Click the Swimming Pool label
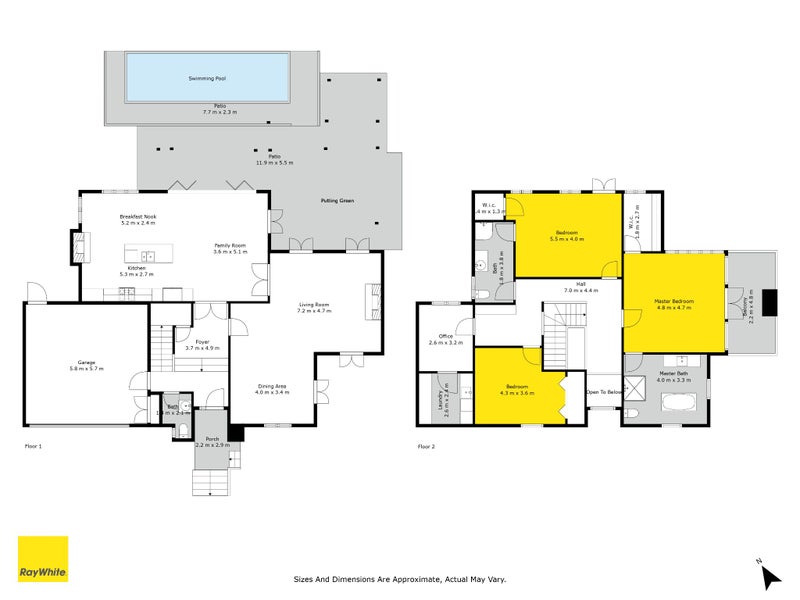(208, 77)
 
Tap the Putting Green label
(338, 200)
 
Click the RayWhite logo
(43, 559)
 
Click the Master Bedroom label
(674, 300)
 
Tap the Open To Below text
(603, 392)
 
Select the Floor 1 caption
(33, 446)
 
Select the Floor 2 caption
(426, 446)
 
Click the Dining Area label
(272, 386)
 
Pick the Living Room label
(314, 305)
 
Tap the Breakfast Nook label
(138, 216)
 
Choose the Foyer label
(202, 342)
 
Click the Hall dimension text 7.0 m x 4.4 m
(580, 290)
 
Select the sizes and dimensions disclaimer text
(400, 578)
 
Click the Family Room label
(230, 245)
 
